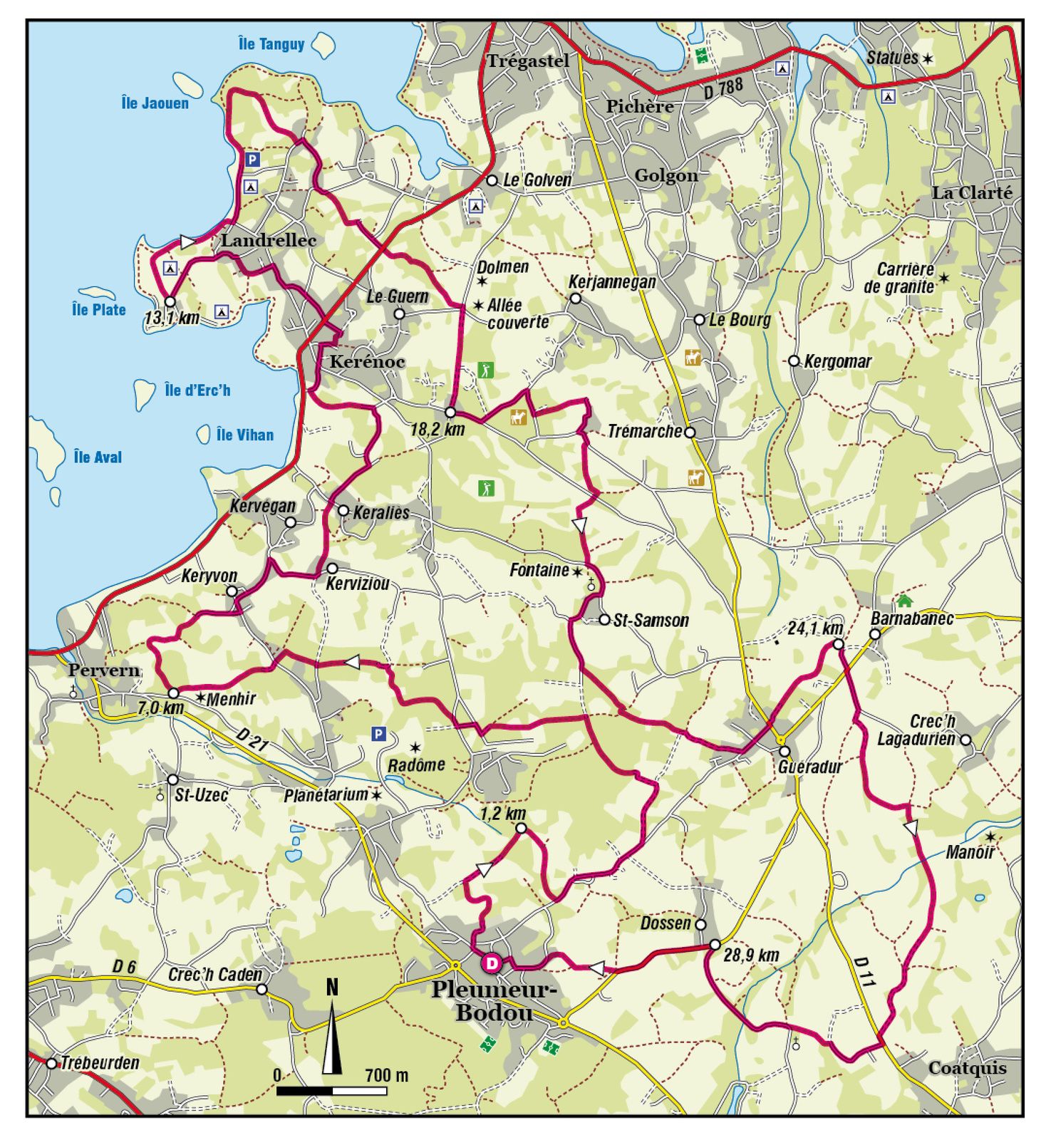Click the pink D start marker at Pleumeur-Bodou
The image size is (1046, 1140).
pyautogui.click(x=491, y=963)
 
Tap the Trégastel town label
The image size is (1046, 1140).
pyautogui.click(x=528, y=61)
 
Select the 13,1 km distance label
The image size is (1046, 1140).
pyautogui.click(x=172, y=318)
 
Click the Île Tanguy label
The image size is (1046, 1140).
pyautogui.click(x=271, y=44)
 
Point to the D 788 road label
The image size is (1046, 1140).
pyautogui.click(x=723, y=89)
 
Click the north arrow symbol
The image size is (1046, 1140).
pyautogui.click(x=331, y=1033)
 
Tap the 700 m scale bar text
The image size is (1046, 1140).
pyautogui.click(x=386, y=1075)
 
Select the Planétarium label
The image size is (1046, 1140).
pyautogui.click(x=326, y=795)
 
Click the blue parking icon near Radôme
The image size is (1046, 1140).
pyautogui.click(x=378, y=734)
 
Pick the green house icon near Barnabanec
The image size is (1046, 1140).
pyautogui.click(x=904, y=599)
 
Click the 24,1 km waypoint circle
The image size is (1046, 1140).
pyautogui.click(x=839, y=644)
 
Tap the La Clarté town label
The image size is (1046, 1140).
pyautogui.click(x=971, y=192)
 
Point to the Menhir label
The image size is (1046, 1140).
pyautogui.click(x=230, y=699)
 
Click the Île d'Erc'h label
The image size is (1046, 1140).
pyautogui.click(x=197, y=390)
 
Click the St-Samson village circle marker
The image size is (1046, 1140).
pyautogui.click(x=604, y=619)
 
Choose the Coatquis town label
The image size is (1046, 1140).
pyautogui.click(x=967, y=1067)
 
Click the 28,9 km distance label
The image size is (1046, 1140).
pyautogui.click(x=751, y=955)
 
